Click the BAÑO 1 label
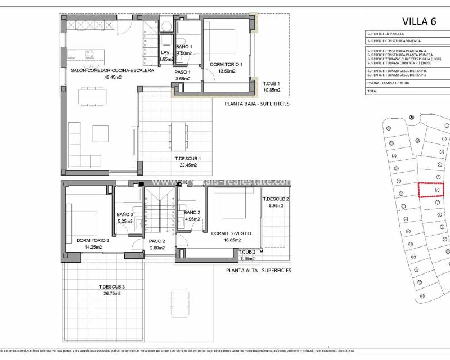pyautogui.click(x=184, y=47)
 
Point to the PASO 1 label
pyautogui.click(x=183, y=73)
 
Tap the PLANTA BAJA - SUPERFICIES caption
pyautogui.click(x=258, y=103)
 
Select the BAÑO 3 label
pyautogui.click(x=125, y=214)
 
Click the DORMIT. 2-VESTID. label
pyautogui.click(x=231, y=233)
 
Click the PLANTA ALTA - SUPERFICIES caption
pyautogui.click(x=259, y=271)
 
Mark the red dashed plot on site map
pyautogui.click(x=431, y=190)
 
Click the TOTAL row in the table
pyautogui.click(x=372, y=91)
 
